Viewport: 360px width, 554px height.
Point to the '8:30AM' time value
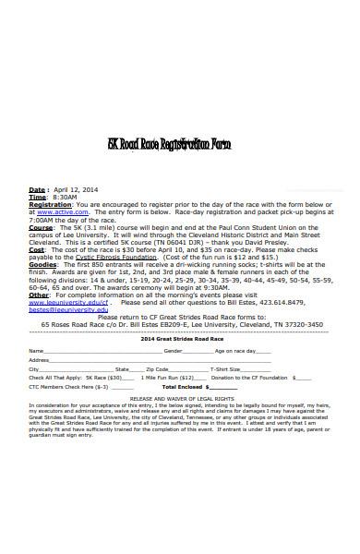65,198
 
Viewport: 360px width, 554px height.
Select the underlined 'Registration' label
50,204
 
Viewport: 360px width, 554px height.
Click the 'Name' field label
36,352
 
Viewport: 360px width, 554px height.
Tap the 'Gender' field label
198,352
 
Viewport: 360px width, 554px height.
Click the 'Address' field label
40,360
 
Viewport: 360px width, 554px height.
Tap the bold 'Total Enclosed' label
183,387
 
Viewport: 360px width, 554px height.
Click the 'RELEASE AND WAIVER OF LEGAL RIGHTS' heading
180,398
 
